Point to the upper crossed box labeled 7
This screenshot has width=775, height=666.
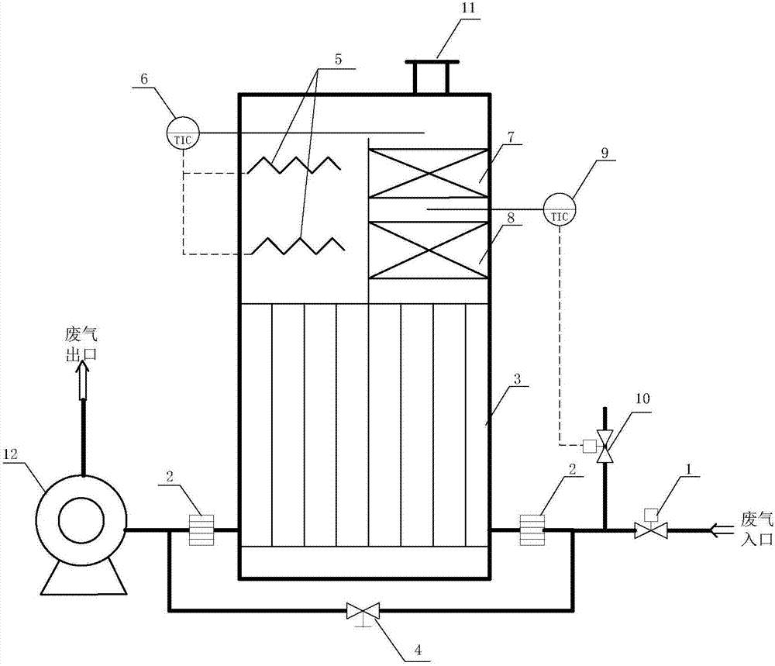pyautogui.click(x=428, y=174)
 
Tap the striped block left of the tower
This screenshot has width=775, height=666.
pyautogui.click(x=202, y=530)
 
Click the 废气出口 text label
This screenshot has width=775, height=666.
pyautogui.click(x=83, y=345)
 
